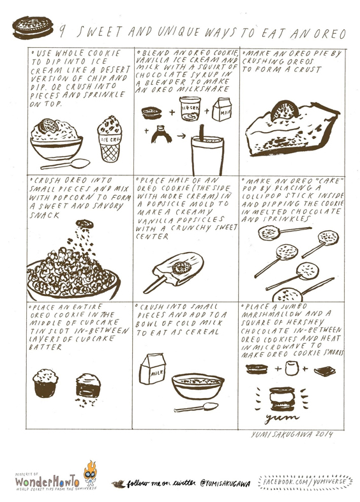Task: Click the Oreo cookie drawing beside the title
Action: click(x=33, y=27)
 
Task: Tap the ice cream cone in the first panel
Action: click(x=110, y=139)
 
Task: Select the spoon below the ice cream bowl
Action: click(x=66, y=164)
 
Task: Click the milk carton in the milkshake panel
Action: click(x=221, y=110)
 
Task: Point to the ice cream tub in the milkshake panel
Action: click(x=190, y=108)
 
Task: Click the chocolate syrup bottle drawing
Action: click(x=161, y=134)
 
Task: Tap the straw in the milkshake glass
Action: click(x=202, y=133)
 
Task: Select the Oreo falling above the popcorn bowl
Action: click(x=84, y=223)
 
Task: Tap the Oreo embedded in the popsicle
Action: click(x=181, y=268)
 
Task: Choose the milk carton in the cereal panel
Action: click(x=153, y=368)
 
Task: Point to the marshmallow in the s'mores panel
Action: click(x=292, y=368)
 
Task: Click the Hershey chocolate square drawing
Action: click(x=325, y=371)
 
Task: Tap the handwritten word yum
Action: click(x=282, y=417)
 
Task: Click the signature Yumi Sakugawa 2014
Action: click(x=292, y=434)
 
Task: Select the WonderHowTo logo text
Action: click(x=47, y=480)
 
